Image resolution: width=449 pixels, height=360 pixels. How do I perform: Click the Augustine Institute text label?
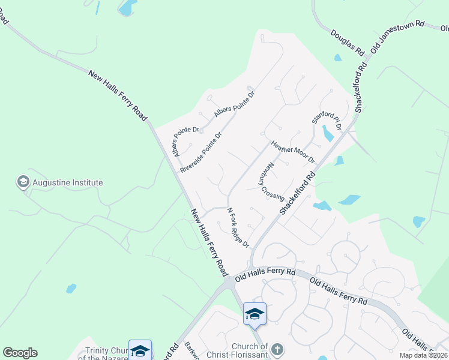pyautogui.click(x=68, y=182)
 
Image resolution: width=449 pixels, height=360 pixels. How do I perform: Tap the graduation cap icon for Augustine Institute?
pyautogui.click(x=23, y=182)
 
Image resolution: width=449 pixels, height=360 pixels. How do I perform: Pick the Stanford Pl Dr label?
pyautogui.click(x=326, y=118)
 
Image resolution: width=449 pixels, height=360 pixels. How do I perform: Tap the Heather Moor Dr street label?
pyautogui.click(x=292, y=152)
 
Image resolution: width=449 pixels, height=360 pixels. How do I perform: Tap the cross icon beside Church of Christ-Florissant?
pyautogui.click(x=277, y=348)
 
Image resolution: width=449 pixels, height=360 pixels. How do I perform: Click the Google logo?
pyautogui.click(x=20, y=353)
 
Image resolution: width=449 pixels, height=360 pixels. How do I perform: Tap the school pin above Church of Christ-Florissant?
pyautogui.click(x=255, y=314)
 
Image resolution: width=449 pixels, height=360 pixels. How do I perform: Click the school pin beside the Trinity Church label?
pyautogui.click(x=140, y=350)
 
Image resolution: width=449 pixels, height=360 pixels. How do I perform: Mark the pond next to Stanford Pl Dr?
pyautogui.click(x=328, y=133)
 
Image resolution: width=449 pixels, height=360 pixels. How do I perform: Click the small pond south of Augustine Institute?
pyautogui.click(x=71, y=289)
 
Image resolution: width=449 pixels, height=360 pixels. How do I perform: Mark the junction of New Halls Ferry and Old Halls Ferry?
pyautogui.click(x=229, y=281)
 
